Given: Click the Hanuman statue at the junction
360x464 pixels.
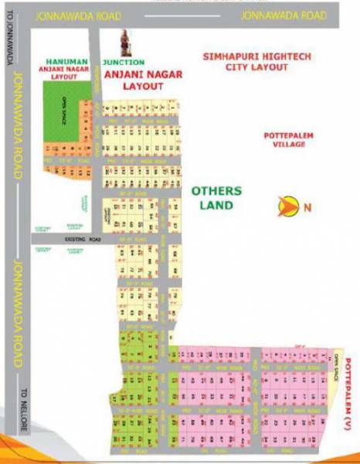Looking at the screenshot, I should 125,45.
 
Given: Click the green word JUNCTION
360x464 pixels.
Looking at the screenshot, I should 123,62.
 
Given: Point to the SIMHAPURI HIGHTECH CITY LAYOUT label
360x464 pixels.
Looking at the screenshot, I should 245,62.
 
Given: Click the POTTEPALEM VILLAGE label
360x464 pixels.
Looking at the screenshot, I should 284,140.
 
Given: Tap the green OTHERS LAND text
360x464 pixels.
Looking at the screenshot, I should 216,198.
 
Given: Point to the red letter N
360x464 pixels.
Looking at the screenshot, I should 307,206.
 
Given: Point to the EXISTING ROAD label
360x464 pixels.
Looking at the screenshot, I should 83,241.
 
